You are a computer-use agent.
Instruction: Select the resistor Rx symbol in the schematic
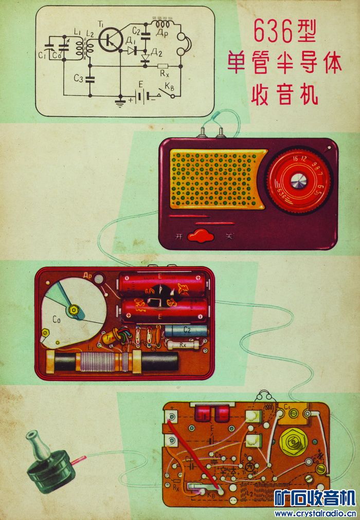162,66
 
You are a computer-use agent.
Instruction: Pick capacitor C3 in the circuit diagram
91,79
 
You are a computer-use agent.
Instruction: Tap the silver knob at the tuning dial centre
298,181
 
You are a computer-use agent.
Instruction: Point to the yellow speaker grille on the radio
216,179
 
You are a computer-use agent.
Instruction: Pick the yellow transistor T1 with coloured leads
108,338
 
